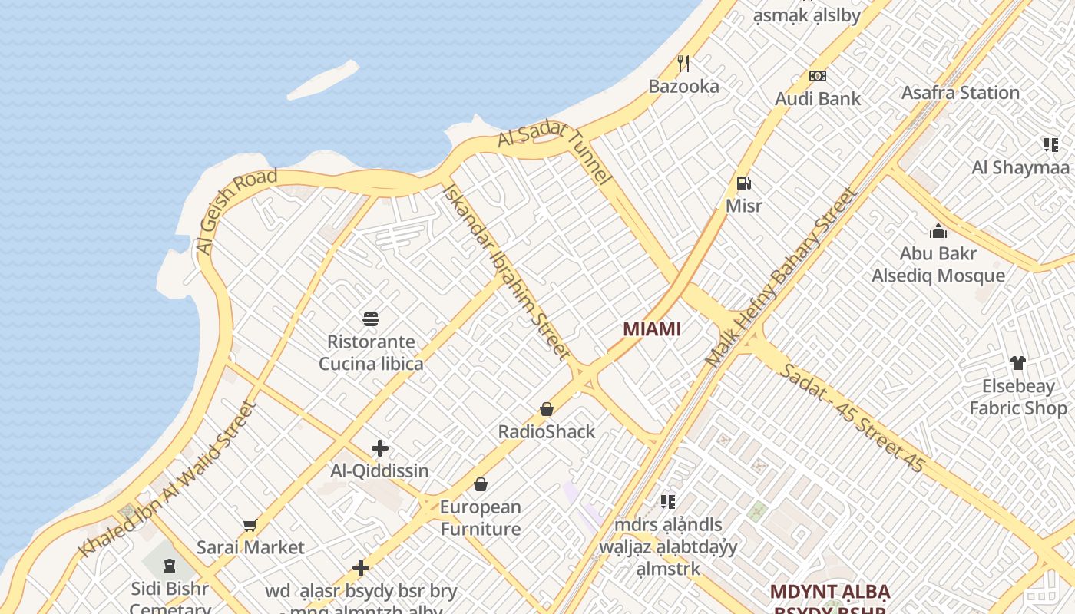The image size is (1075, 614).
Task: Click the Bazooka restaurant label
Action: click(x=683, y=86)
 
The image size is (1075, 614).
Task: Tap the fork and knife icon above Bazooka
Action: click(x=683, y=63)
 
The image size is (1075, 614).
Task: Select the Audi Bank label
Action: click(x=818, y=98)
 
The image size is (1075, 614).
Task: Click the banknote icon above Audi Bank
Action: click(x=818, y=75)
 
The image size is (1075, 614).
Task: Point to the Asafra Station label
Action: click(x=960, y=92)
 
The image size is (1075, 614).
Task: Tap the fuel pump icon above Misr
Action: click(x=743, y=183)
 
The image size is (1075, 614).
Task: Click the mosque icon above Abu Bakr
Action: click(x=938, y=231)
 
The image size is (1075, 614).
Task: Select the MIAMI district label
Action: click(x=652, y=329)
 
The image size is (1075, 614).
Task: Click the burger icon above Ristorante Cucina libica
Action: click(x=371, y=319)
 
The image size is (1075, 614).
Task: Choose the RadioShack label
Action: click(x=547, y=431)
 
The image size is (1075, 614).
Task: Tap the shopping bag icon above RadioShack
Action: click(x=547, y=409)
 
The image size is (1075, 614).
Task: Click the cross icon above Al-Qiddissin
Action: click(x=379, y=448)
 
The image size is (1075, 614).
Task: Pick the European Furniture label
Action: click(x=480, y=518)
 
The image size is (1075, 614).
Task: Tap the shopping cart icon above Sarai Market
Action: click(x=250, y=526)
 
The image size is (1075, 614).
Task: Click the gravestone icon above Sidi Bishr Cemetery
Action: click(x=169, y=566)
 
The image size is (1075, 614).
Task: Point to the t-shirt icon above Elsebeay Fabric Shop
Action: click(x=1017, y=363)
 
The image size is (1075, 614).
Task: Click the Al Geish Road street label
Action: click(x=236, y=211)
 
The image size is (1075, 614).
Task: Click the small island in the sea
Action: click(x=323, y=80)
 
